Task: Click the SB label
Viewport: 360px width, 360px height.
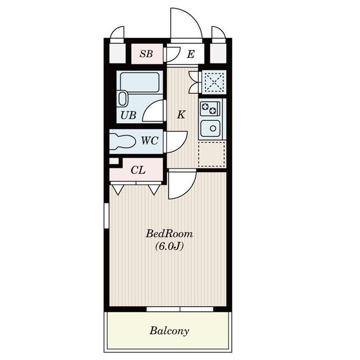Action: pos(146,54)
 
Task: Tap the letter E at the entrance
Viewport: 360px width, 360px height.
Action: pos(191,54)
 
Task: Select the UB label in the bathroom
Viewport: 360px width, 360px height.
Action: pos(128,116)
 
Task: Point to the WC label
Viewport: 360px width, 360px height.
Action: pos(149,141)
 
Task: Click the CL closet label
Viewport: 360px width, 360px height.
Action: pos(138,170)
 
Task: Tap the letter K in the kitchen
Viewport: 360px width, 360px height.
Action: pos(181,115)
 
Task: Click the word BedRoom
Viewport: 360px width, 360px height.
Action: pos(169,233)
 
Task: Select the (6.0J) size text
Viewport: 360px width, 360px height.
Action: pos(169,246)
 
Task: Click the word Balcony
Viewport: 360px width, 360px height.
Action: pos(169,330)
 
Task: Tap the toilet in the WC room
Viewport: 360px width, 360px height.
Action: pos(123,141)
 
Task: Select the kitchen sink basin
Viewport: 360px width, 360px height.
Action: pos(211,128)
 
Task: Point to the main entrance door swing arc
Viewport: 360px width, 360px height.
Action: pos(186,24)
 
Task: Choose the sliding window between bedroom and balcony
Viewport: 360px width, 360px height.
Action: pos(180,309)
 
